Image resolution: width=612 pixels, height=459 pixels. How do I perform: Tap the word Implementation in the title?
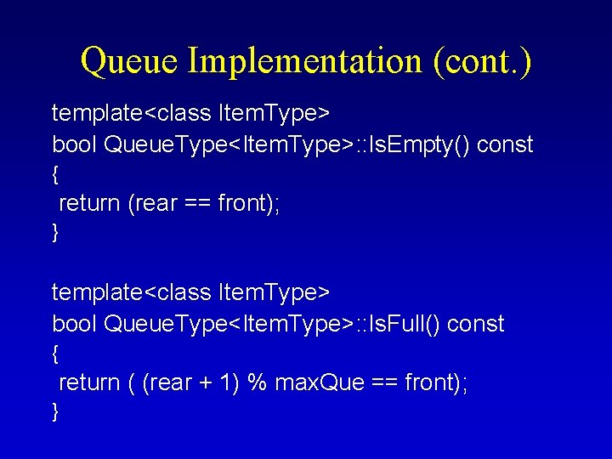click(304, 61)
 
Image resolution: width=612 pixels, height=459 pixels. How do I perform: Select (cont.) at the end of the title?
click(482, 61)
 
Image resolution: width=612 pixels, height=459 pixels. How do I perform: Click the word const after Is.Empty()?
click(505, 144)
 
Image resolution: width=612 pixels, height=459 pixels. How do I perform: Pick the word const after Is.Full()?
click(475, 324)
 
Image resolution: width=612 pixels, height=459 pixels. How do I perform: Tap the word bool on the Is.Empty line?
click(74, 144)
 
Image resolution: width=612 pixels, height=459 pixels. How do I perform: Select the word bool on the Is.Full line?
click(74, 324)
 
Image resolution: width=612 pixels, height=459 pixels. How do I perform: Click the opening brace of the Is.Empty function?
click(55, 174)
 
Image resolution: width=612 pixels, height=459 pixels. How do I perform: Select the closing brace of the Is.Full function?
click(55, 412)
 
